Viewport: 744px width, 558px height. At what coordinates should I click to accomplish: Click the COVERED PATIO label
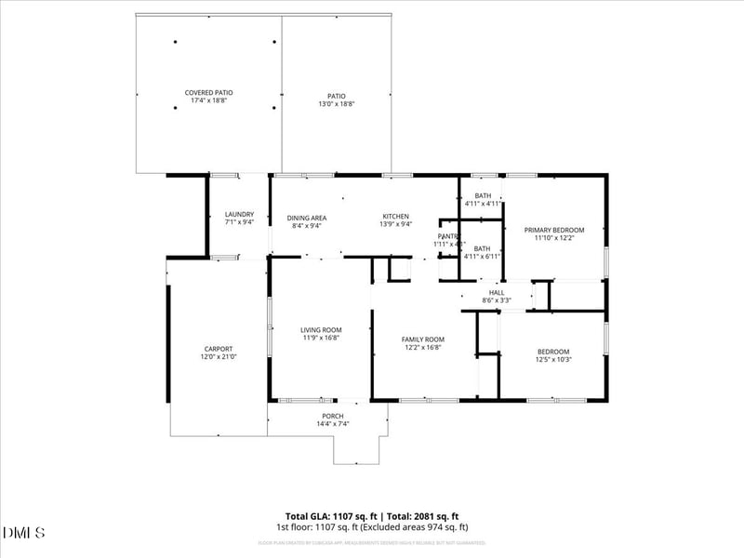pyautogui.click(x=208, y=93)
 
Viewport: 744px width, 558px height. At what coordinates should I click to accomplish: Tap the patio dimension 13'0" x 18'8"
pyautogui.click(x=336, y=103)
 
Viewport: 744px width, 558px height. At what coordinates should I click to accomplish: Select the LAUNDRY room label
pyautogui.click(x=239, y=214)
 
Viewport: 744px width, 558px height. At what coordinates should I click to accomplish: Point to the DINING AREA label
pyautogui.click(x=306, y=217)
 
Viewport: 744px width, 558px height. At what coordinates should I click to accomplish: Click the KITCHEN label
pyautogui.click(x=395, y=216)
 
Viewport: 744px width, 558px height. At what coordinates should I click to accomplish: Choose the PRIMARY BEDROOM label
pyautogui.click(x=553, y=230)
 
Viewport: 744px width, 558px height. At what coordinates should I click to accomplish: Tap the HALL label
pyautogui.click(x=497, y=292)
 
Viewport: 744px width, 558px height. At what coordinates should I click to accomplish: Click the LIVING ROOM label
pyautogui.click(x=321, y=329)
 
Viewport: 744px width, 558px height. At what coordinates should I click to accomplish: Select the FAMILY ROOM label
pyautogui.click(x=422, y=339)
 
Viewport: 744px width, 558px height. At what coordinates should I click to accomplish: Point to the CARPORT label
pyautogui.click(x=219, y=349)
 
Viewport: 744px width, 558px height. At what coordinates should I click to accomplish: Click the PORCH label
pyautogui.click(x=333, y=416)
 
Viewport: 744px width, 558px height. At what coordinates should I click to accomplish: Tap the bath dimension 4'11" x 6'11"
pyautogui.click(x=483, y=257)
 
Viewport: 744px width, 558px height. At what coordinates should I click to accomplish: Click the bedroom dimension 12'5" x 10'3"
pyautogui.click(x=552, y=359)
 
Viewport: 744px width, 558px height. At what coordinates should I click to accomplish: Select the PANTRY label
pyautogui.click(x=449, y=236)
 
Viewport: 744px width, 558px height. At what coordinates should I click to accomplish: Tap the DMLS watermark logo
pyautogui.click(x=24, y=533)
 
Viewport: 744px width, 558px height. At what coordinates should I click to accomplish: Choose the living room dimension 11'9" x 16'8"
pyautogui.click(x=321, y=339)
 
